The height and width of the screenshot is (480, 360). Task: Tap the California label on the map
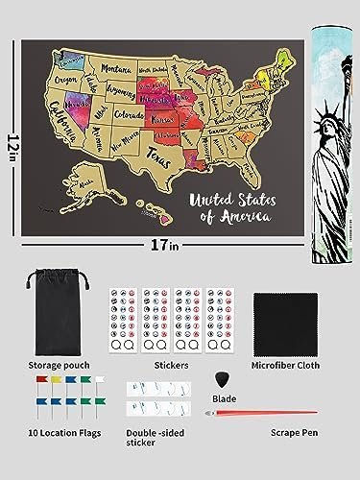[54, 119]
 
